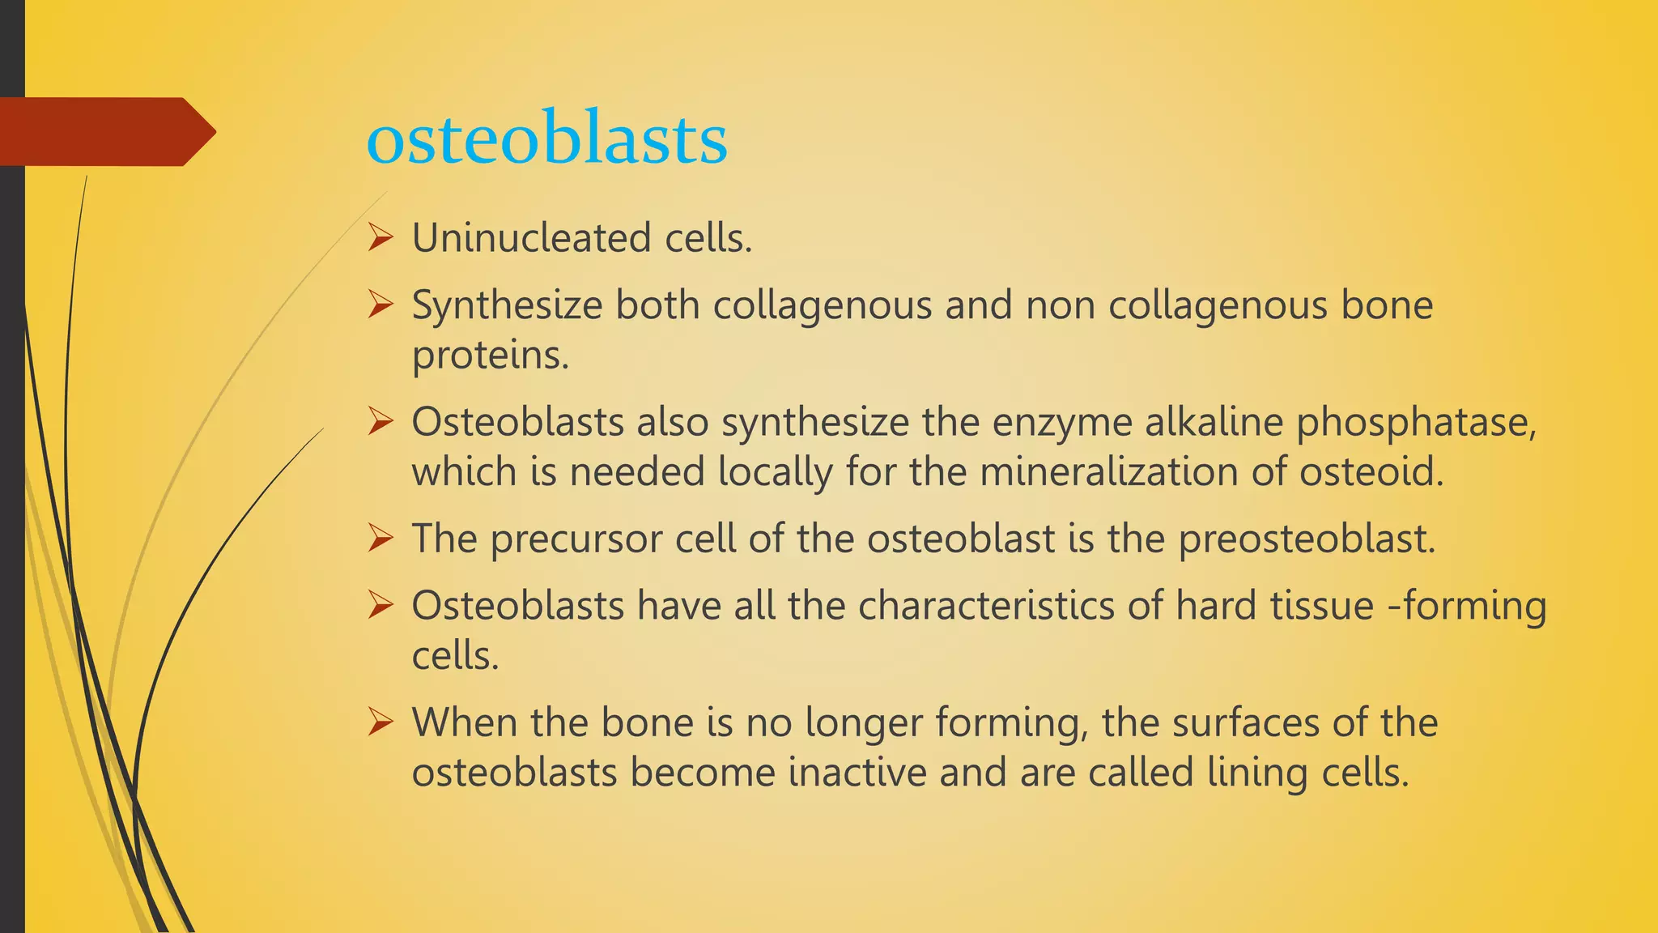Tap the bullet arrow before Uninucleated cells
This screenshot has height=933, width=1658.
click(x=380, y=238)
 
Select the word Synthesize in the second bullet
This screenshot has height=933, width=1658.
click(x=507, y=306)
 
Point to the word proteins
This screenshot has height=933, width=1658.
click(x=490, y=355)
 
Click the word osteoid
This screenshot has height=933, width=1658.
click(x=1371, y=472)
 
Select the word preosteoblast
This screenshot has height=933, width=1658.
click(x=1306, y=539)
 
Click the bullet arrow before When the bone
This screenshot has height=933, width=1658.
click(x=380, y=722)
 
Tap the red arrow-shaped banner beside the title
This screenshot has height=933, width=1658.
click(x=105, y=132)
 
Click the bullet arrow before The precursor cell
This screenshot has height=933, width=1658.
click(x=380, y=539)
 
